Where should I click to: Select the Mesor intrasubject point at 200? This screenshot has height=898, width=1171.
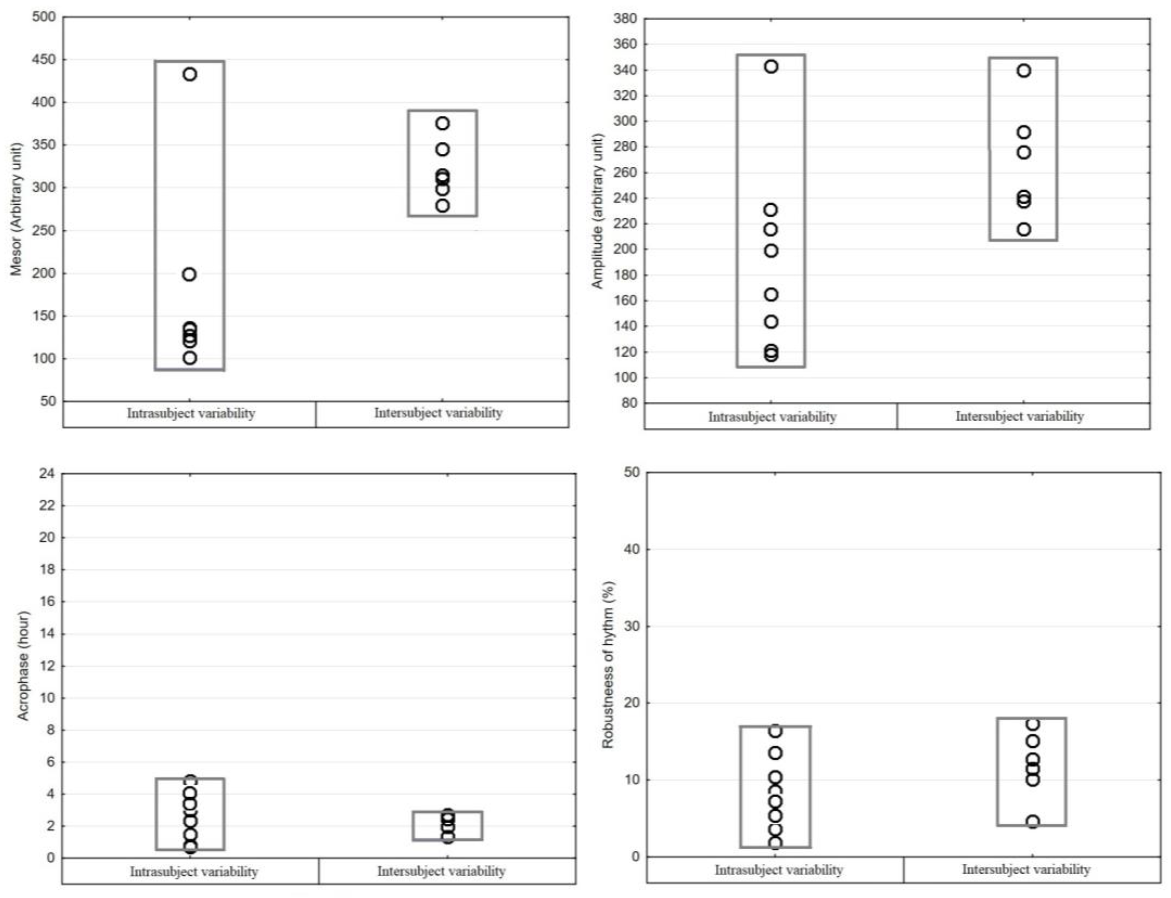tap(189, 275)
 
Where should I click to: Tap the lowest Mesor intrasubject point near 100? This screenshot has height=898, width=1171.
tap(190, 358)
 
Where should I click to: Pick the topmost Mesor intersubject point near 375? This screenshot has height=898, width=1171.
tap(442, 123)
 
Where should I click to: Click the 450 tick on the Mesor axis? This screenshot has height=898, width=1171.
tap(44, 59)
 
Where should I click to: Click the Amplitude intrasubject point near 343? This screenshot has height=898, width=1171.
tap(771, 67)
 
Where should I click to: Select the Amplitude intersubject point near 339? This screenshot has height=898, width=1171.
tap(1024, 70)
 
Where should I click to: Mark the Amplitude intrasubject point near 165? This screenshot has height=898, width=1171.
tap(771, 295)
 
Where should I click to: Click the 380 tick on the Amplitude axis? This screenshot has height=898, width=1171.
tap(625, 19)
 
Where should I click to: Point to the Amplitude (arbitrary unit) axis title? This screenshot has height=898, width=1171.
tap(597, 211)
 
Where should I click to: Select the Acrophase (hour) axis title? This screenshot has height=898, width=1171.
tap(23, 666)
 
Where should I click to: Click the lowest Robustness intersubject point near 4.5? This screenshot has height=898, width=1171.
tap(1033, 821)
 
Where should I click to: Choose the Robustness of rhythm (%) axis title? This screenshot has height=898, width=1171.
tap(608, 664)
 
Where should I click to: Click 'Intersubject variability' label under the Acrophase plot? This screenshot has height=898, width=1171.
tap(441, 871)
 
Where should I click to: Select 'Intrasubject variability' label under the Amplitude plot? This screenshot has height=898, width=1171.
tap(772, 417)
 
